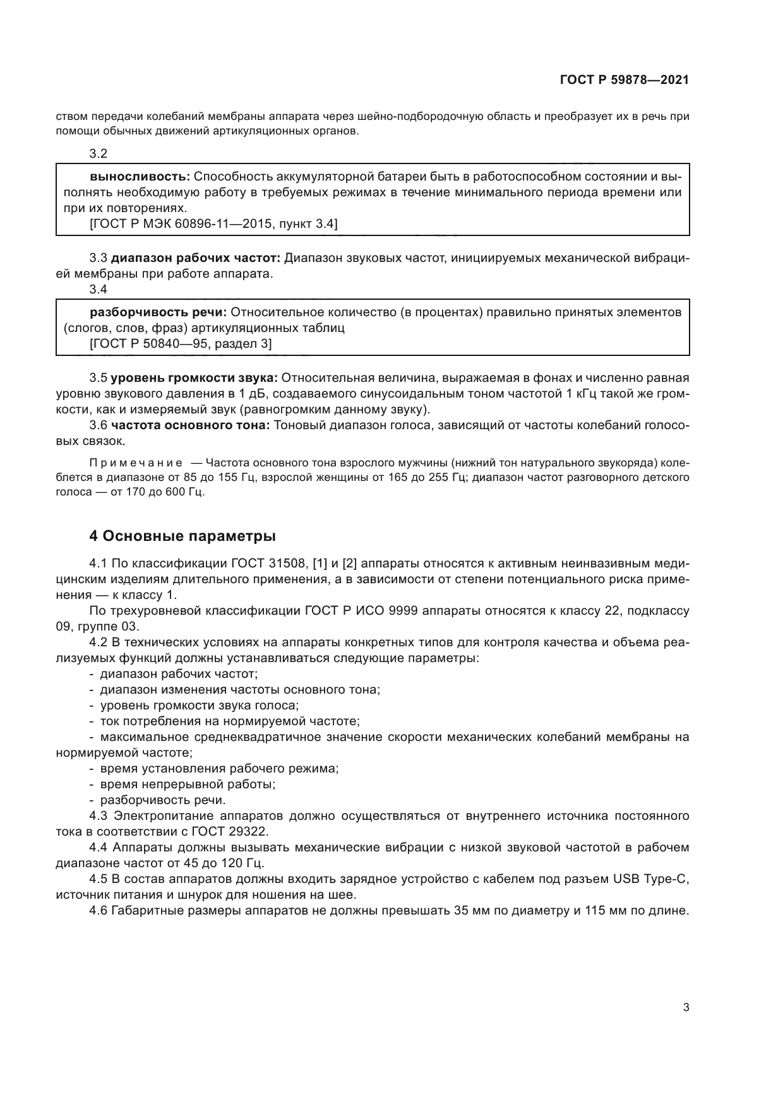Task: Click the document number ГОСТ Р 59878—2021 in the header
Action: [x=624, y=80]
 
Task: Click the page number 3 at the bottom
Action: [x=686, y=1007]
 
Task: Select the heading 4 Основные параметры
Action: [x=182, y=536]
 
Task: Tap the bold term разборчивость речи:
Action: [x=158, y=312]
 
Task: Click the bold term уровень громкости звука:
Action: [x=194, y=378]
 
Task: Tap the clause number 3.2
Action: [x=99, y=153]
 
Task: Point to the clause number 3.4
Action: [x=99, y=290]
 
